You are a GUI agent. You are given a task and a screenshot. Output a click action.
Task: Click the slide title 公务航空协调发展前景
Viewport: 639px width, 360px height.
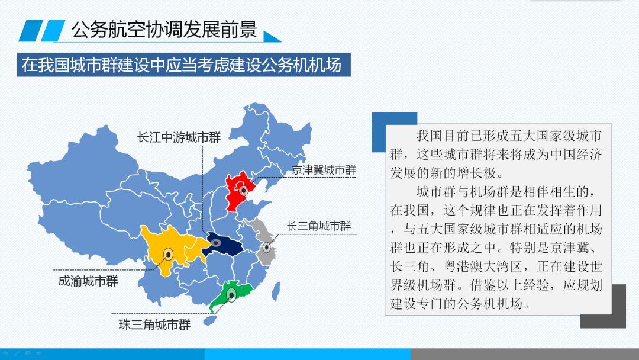(x=164, y=30)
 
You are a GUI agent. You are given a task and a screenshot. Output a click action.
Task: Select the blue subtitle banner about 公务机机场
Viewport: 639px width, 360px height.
(x=184, y=65)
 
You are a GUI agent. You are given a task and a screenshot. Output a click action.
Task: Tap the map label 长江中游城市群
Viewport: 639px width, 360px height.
(x=179, y=137)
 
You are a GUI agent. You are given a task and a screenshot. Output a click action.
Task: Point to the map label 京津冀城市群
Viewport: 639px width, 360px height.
(x=324, y=170)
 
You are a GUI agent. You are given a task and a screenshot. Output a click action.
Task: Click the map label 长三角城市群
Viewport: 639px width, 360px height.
(x=319, y=226)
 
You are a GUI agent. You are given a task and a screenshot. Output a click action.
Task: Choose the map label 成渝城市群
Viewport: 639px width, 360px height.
(x=88, y=281)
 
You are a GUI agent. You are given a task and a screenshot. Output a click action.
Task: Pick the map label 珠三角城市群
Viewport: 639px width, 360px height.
(x=155, y=324)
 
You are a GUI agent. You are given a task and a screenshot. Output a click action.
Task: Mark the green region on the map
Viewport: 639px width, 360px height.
(x=231, y=294)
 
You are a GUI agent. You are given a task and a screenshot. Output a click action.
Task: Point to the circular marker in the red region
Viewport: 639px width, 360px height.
(x=244, y=190)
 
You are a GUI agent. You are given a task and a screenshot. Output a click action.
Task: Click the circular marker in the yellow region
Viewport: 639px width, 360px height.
(x=168, y=255)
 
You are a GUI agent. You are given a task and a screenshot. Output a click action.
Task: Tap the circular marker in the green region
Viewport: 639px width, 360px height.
(x=231, y=294)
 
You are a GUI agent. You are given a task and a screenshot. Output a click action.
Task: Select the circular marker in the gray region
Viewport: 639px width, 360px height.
(x=266, y=247)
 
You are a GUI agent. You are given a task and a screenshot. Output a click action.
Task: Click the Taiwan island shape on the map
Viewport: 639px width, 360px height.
(x=276, y=291)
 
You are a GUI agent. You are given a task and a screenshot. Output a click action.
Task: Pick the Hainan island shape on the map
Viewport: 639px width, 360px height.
(x=210, y=320)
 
